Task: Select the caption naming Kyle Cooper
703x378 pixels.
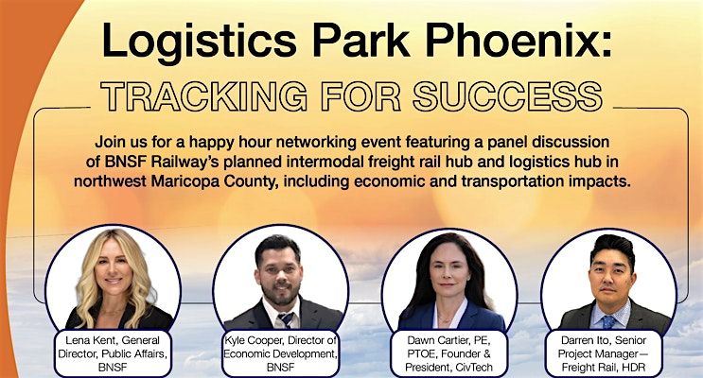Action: point(278,350)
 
